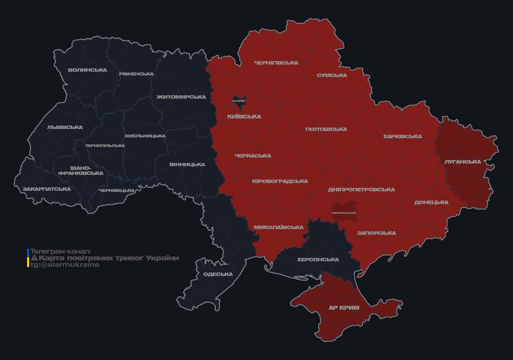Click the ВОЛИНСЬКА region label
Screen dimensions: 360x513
(87, 70)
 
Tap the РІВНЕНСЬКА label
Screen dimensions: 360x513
(136, 74)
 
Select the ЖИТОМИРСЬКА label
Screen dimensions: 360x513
(181, 97)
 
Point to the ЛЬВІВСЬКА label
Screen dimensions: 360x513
(65, 127)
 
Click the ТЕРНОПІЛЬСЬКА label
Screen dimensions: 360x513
(105, 146)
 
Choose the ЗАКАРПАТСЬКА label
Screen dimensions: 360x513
(46, 189)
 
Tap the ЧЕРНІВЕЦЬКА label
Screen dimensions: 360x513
(117, 191)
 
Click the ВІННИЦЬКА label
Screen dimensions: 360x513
(187, 165)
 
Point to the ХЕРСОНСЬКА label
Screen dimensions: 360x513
(318, 260)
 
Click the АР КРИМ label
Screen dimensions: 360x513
(344, 308)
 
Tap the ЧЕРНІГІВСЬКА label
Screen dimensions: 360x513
(276, 63)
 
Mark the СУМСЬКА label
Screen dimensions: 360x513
(332, 75)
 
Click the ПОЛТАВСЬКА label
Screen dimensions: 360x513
(326, 129)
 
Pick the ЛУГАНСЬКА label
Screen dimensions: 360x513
(463, 162)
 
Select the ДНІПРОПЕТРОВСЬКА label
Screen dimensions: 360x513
(361, 190)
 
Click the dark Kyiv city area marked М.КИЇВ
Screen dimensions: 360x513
(239, 100)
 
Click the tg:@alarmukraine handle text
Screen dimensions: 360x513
(65, 265)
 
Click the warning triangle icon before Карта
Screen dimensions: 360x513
(34, 258)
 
